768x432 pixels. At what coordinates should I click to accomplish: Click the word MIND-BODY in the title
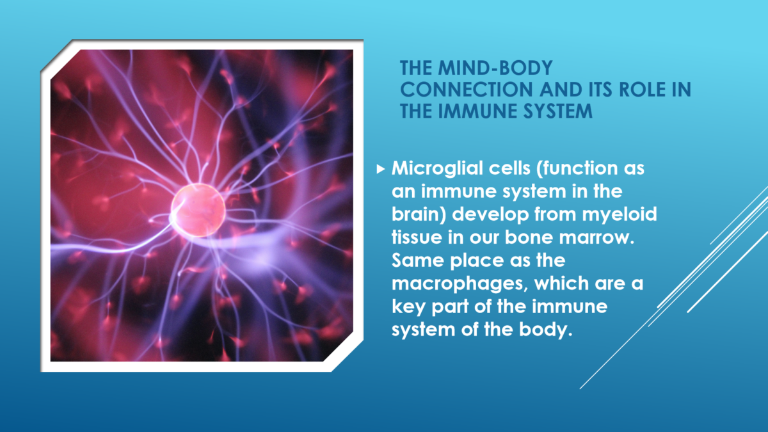495,68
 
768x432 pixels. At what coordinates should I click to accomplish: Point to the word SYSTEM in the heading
559,111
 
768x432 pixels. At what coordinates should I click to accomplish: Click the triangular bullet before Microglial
381,169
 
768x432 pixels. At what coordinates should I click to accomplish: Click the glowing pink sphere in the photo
198,210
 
